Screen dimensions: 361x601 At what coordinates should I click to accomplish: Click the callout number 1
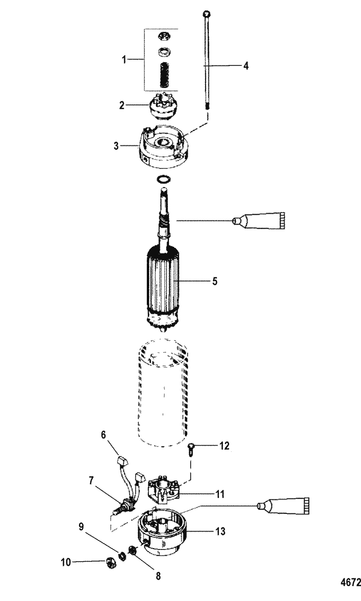pos(124,60)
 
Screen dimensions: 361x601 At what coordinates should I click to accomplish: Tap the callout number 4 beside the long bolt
pos(246,65)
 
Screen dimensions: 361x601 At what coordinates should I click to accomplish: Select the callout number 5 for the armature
pos(215,281)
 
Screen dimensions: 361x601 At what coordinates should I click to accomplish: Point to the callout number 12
pos(224,446)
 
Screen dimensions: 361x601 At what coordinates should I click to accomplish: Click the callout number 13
pos(220,531)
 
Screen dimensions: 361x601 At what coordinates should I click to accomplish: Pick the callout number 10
pos(66,562)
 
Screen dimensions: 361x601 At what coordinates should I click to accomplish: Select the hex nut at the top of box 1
pos(163,36)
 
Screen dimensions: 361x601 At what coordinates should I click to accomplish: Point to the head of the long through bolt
pos(206,14)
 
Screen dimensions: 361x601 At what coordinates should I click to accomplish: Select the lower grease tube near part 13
pos(283,506)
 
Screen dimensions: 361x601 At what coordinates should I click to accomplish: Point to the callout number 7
pos(91,480)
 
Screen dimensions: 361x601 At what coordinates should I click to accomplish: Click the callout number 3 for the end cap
pos(116,146)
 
